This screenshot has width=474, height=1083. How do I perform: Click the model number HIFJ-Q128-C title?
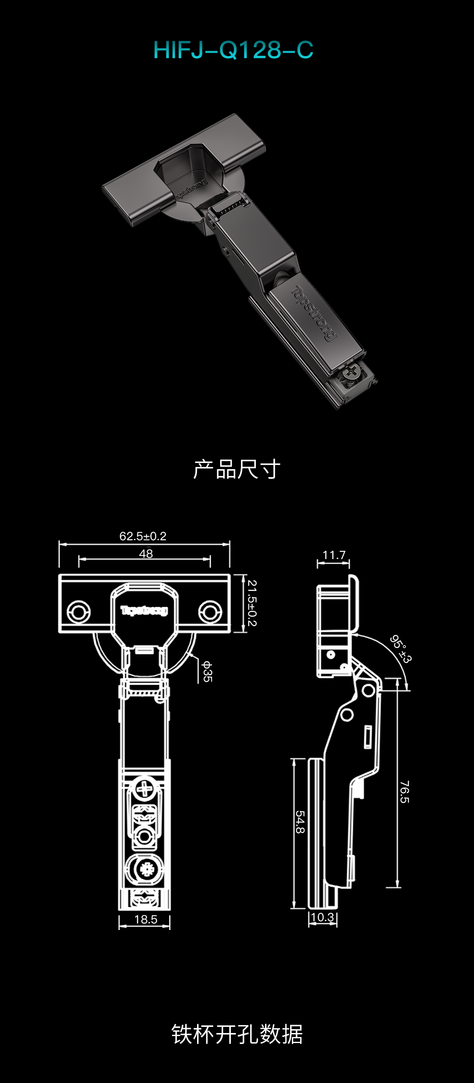(x=233, y=50)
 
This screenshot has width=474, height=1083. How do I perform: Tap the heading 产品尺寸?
(x=237, y=469)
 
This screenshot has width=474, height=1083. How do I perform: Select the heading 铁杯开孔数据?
(x=237, y=1034)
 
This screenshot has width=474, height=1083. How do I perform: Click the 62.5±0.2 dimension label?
(x=143, y=536)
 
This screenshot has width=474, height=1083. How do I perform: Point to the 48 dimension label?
(x=146, y=554)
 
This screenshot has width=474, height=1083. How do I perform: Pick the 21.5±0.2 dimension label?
(x=252, y=603)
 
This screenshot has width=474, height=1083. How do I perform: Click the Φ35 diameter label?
(x=207, y=672)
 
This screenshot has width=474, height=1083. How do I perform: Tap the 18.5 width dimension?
(x=146, y=919)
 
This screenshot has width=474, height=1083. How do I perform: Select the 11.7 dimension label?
(x=334, y=555)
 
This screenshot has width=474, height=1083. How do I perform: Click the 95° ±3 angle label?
(x=401, y=649)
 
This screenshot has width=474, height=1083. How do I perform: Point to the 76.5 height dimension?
(x=405, y=792)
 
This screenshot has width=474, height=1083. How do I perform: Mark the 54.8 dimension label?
(x=300, y=822)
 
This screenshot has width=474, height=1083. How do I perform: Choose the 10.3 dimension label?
(x=323, y=917)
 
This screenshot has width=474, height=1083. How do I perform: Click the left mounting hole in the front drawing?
(x=79, y=612)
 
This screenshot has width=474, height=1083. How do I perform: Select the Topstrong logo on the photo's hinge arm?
(x=314, y=313)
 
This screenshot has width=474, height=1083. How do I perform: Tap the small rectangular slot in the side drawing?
(x=368, y=737)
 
